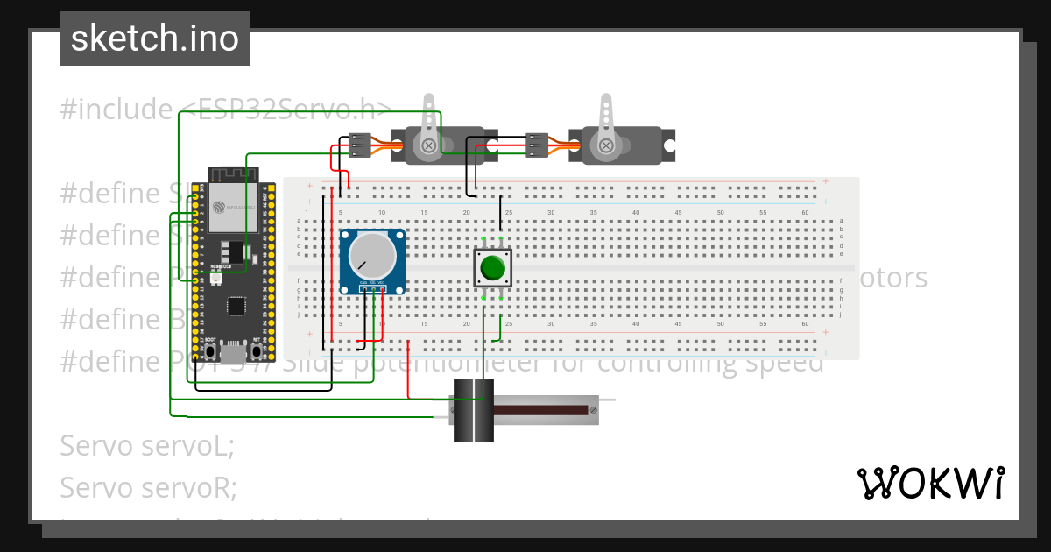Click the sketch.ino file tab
click(x=155, y=39)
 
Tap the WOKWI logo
click(x=930, y=483)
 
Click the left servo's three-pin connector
click(x=359, y=145)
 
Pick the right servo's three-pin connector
click(x=536, y=145)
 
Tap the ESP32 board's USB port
click(x=232, y=353)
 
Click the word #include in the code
click(x=116, y=110)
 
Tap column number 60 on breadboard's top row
click(x=805, y=213)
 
